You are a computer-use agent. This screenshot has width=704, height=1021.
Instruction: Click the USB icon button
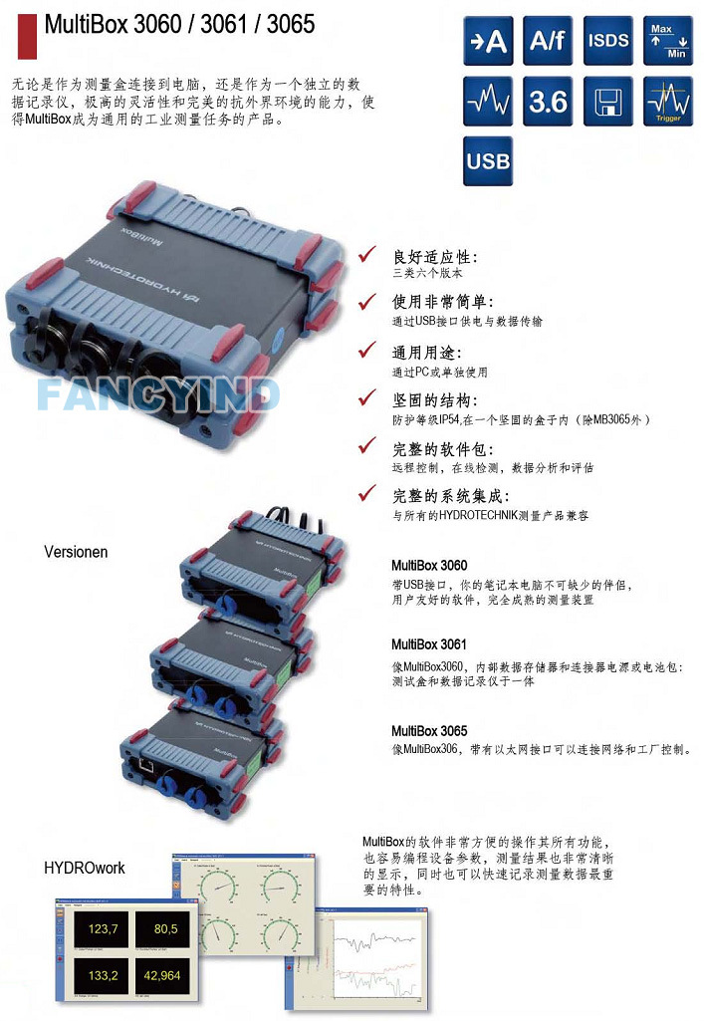488,160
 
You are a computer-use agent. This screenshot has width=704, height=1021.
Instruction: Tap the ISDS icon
607,41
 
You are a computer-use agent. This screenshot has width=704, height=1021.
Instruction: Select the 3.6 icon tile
548,101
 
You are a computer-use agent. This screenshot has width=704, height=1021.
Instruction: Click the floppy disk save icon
607,101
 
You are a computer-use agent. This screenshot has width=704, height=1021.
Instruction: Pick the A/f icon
548,41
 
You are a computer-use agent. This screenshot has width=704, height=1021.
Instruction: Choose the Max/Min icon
668,41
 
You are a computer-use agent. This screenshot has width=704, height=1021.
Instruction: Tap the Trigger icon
668,101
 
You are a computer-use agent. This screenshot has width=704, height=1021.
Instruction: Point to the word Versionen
76,551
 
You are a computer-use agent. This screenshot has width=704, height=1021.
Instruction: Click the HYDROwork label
85,868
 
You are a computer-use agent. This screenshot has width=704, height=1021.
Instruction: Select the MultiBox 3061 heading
429,644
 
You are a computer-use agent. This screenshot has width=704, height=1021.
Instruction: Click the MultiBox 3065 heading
429,731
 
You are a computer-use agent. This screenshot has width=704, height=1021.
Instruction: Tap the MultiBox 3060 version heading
429,566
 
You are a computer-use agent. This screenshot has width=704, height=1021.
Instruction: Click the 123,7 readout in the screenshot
104,929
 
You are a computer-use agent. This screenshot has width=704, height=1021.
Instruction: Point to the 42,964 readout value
161,975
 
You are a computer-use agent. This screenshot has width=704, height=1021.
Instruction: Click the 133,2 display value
104,975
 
